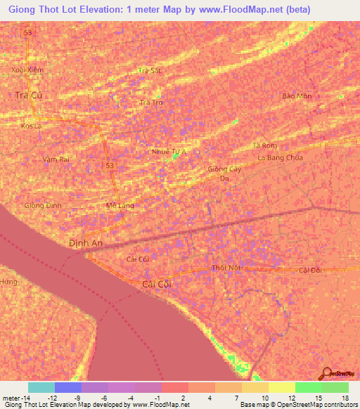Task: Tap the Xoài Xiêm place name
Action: pyautogui.click(x=27, y=70)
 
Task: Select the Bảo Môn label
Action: pyautogui.click(x=295, y=96)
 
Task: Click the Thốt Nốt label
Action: pyautogui.click(x=226, y=268)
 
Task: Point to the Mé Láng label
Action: pyautogui.click(x=119, y=205)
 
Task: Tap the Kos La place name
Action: pyautogui.click(x=31, y=126)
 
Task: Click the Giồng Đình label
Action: pyautogui.click(x=44, y=205)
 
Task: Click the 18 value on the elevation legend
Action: pyautogui.click(x=345, y=398)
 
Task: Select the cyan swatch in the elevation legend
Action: pyautogui.click(x=41, y=387)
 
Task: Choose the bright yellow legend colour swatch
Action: pyautogui.click(x=281, y=387)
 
